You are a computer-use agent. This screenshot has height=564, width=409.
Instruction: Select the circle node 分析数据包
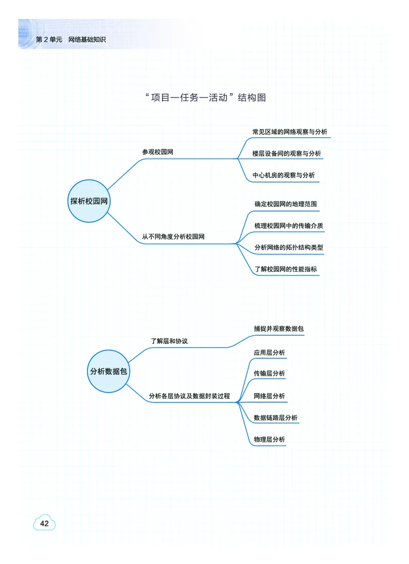pyautogui.click(x=108, y=372)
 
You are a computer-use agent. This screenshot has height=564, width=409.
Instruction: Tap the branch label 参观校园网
pyautogui.click(x=157, y=152)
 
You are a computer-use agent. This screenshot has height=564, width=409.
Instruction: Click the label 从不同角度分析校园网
pyautogui.click(x=173, y=237)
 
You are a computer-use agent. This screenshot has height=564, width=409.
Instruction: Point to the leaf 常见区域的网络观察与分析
pyautogui.click(x=289, y=132)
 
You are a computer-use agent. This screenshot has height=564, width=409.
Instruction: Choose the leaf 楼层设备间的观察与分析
pyautogui.click(x=286, y=154)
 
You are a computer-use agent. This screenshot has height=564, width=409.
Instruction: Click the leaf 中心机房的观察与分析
pyautogui.click(x=283, y=175)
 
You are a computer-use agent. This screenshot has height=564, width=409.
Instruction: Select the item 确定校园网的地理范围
pyautogui.click(x=286, y=204)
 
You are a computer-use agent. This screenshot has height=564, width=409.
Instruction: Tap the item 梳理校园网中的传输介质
pyautogui.click(x=288, y=226)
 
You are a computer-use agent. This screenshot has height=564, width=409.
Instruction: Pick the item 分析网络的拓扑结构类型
pyautogui.click(x=288, y=248)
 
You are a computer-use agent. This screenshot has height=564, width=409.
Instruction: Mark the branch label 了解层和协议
pyautogui.click(x=169, y=340)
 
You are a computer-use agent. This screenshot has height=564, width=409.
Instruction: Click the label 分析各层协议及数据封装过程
pyautogui.click(x=189, y=396)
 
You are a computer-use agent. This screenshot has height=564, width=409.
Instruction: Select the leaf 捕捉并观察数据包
pyautogui.click(x=279, y=329)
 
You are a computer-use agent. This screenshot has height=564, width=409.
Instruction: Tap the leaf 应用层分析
pyautogui.click(x=269, y=353)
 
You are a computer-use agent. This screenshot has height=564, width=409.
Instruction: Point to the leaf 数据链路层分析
pyautogui.click(x=276, y=418)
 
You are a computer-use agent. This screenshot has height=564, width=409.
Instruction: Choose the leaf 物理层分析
pyautogui.click(x=269, y=440)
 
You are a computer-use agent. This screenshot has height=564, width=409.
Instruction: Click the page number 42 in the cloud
pyautogui.click(x=44, y=524)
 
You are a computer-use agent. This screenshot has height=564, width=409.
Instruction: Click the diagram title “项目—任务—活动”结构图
pyautogui.click(x=206, y=98)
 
